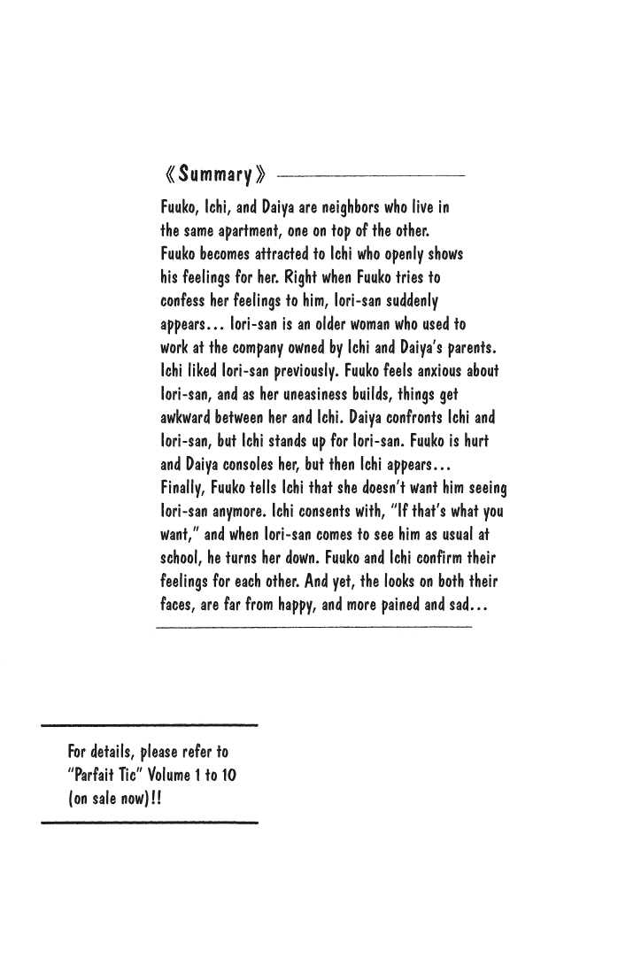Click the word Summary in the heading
pos(216,173)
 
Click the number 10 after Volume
pos(227,775)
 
